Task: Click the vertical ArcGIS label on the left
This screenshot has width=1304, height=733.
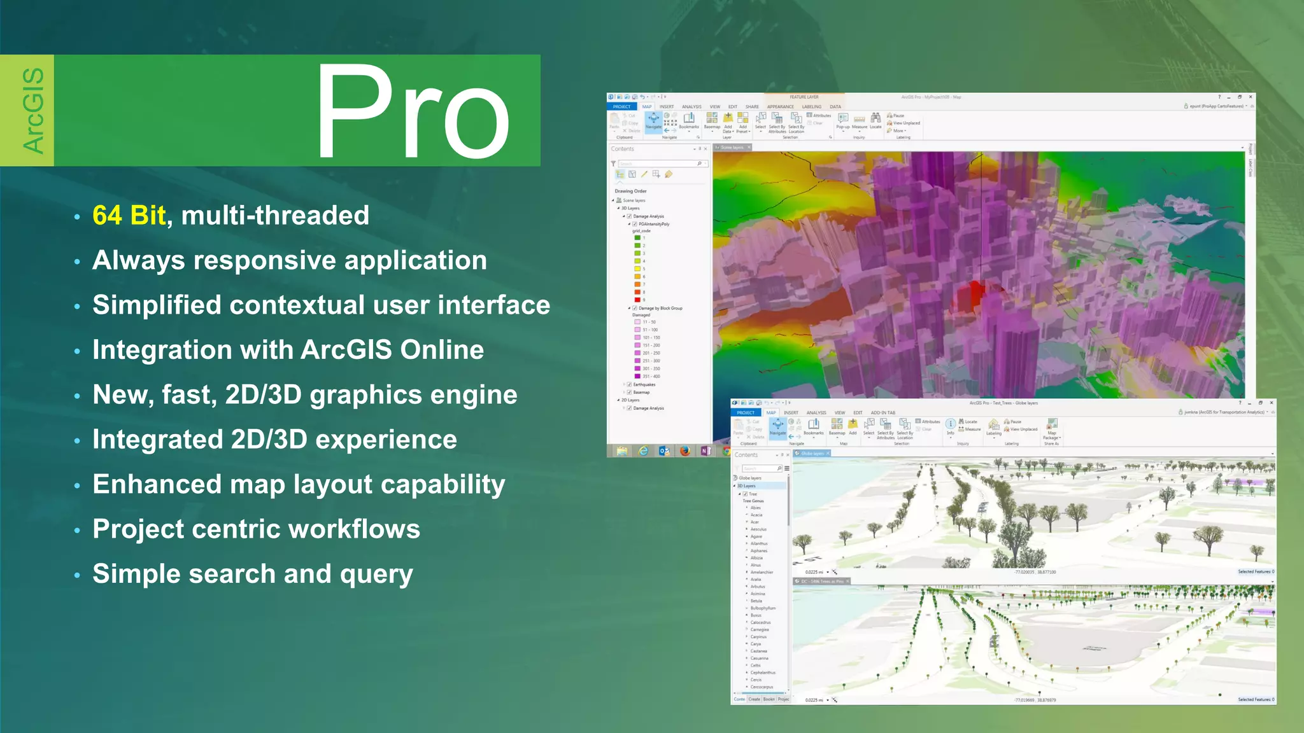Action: pos(33,111)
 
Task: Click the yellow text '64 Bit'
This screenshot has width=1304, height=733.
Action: pos(129,216)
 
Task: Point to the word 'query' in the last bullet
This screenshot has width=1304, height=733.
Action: pos(376,575)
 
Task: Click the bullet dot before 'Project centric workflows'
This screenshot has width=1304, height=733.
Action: pos(77,531)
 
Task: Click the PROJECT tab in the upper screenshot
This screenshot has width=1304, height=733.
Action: pos(621,107)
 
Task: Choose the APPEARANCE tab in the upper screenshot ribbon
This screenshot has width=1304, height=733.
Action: pos(780,107)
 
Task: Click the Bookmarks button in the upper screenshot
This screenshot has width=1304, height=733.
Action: pos(689,120)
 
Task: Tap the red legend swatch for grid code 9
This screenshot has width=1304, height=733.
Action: pos(637,300)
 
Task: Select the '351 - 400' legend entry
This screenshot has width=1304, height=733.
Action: pos(651,376)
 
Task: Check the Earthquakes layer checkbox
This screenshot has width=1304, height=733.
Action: pos(629,384)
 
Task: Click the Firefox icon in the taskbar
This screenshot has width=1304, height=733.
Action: pos(685,450)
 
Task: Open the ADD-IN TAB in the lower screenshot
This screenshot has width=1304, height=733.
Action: pos(882,413)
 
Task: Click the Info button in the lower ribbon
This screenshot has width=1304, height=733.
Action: pos(950,426)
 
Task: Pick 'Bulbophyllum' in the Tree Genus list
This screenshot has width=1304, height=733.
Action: pos(763,608)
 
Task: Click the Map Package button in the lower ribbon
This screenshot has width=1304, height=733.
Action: pos(1051,428)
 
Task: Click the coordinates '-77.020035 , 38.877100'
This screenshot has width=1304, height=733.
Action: pos(1035,572)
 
